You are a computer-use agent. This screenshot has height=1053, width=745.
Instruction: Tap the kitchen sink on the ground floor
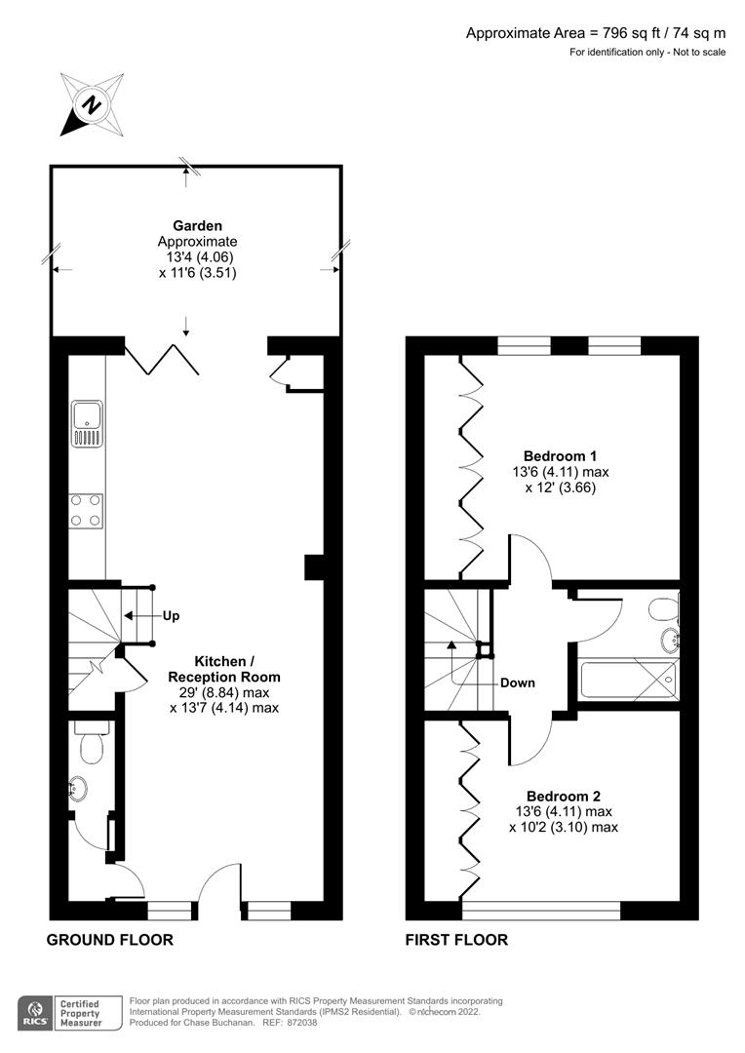click(87, 423)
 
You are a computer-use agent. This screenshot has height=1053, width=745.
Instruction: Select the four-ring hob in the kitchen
click(86, 511)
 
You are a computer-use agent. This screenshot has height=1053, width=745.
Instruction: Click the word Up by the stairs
click(170, 616)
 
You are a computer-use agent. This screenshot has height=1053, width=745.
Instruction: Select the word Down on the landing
click(517, 682)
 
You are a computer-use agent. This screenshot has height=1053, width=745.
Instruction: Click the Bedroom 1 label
click(560, 455)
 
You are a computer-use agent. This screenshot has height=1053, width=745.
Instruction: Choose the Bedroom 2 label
click(560, 795)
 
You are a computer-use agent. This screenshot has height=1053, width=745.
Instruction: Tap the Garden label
click(197, 225)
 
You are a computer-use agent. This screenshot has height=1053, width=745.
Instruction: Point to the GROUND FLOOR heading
click(110, 940)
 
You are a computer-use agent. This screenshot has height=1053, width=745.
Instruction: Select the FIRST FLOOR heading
click(456, 940)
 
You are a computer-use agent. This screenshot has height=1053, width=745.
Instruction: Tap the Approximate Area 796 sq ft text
click(595, 33)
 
